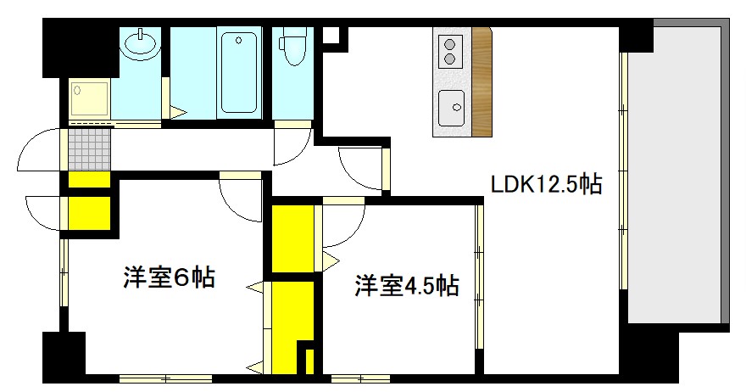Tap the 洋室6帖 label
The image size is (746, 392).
(169, 277)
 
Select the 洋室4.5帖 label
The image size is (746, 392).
(407, 287)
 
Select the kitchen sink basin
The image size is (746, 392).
(451, 108)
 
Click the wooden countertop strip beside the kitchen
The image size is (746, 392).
(482, 82)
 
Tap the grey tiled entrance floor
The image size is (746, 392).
(89, 149)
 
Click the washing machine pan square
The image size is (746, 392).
(90, 100)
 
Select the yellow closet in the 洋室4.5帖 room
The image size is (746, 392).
(292, 236)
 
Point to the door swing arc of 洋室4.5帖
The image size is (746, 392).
(341, 223)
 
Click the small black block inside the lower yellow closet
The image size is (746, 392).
(307, 359)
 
